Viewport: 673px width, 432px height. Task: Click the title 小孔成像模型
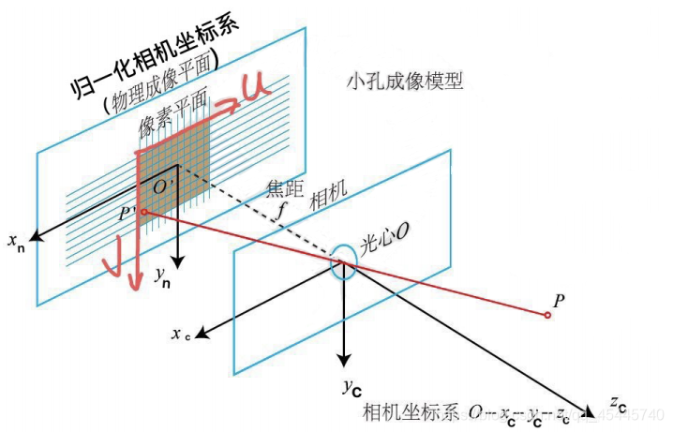tap(404, 83)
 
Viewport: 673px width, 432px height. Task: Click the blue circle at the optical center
tap(343, 263)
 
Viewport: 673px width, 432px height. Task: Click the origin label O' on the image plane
tap(161, 186)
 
